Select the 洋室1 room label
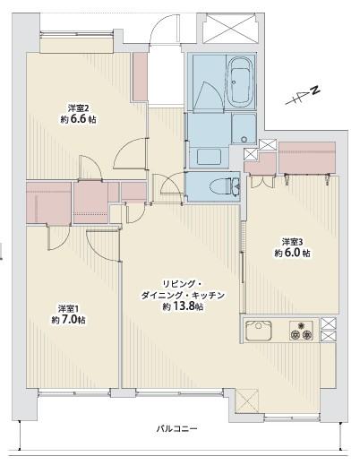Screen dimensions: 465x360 click(x=69, y=306)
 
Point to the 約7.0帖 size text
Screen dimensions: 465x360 click(x=68, y=319)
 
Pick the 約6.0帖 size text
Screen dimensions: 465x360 click(x=294, y=254)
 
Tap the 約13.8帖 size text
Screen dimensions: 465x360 click(x=183, y=306)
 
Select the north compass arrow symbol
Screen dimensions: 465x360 click(x=303, y=94)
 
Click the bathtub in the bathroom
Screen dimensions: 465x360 click(x=241, y=82)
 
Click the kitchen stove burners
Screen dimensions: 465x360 click(x=299, y=330)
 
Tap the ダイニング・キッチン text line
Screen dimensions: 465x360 click(x=183, y=294)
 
